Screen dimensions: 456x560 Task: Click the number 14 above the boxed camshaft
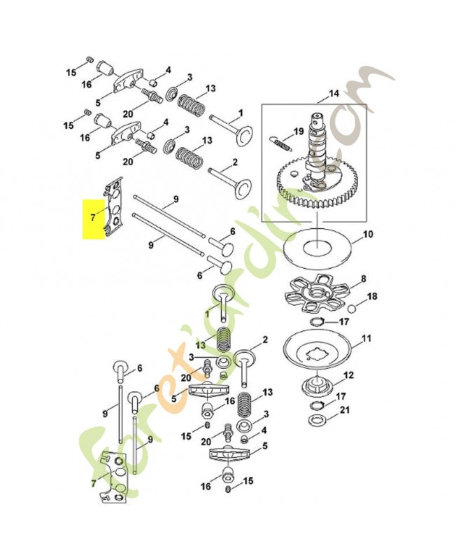click(x=334, y=94)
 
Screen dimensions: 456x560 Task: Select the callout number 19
click(x=298, y=132)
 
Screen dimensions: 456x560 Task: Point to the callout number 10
click(x=367, y=234)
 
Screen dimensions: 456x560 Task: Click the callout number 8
click(x=364, y=279)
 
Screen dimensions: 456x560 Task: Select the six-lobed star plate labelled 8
click(x=315, y=294)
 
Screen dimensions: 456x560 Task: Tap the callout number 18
click(x=372, y=296)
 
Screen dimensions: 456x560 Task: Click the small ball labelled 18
click(x=351, y=307)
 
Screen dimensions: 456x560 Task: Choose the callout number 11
click(x=366, y=338)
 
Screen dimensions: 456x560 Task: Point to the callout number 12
click(x=348, y=375)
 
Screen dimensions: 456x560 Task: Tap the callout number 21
click(x=345, y=410)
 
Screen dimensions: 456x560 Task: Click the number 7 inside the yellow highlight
click(x=93, y=217)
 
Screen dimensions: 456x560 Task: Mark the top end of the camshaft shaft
click(x=318, y=115)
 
